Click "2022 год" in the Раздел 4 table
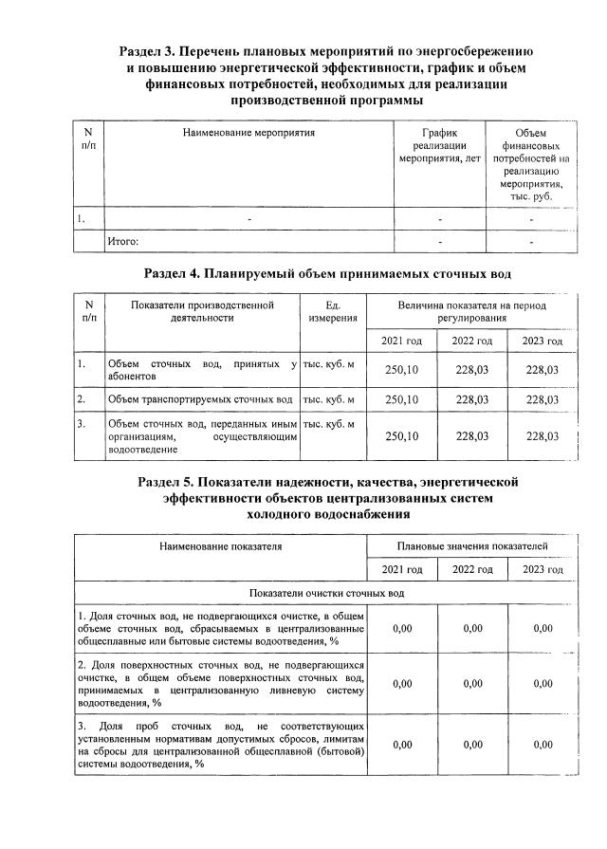click(471, 341)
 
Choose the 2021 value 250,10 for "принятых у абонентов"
click(400, 370)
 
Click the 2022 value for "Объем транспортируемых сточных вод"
click(471, 399)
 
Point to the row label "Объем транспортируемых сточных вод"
click(200, 399)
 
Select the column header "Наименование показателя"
click(221, 545)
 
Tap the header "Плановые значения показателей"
click(471, 545)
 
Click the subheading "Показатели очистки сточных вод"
click(326, 593)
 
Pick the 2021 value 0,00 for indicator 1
click(402, 628)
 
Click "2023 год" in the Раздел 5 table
click(543, 569)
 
